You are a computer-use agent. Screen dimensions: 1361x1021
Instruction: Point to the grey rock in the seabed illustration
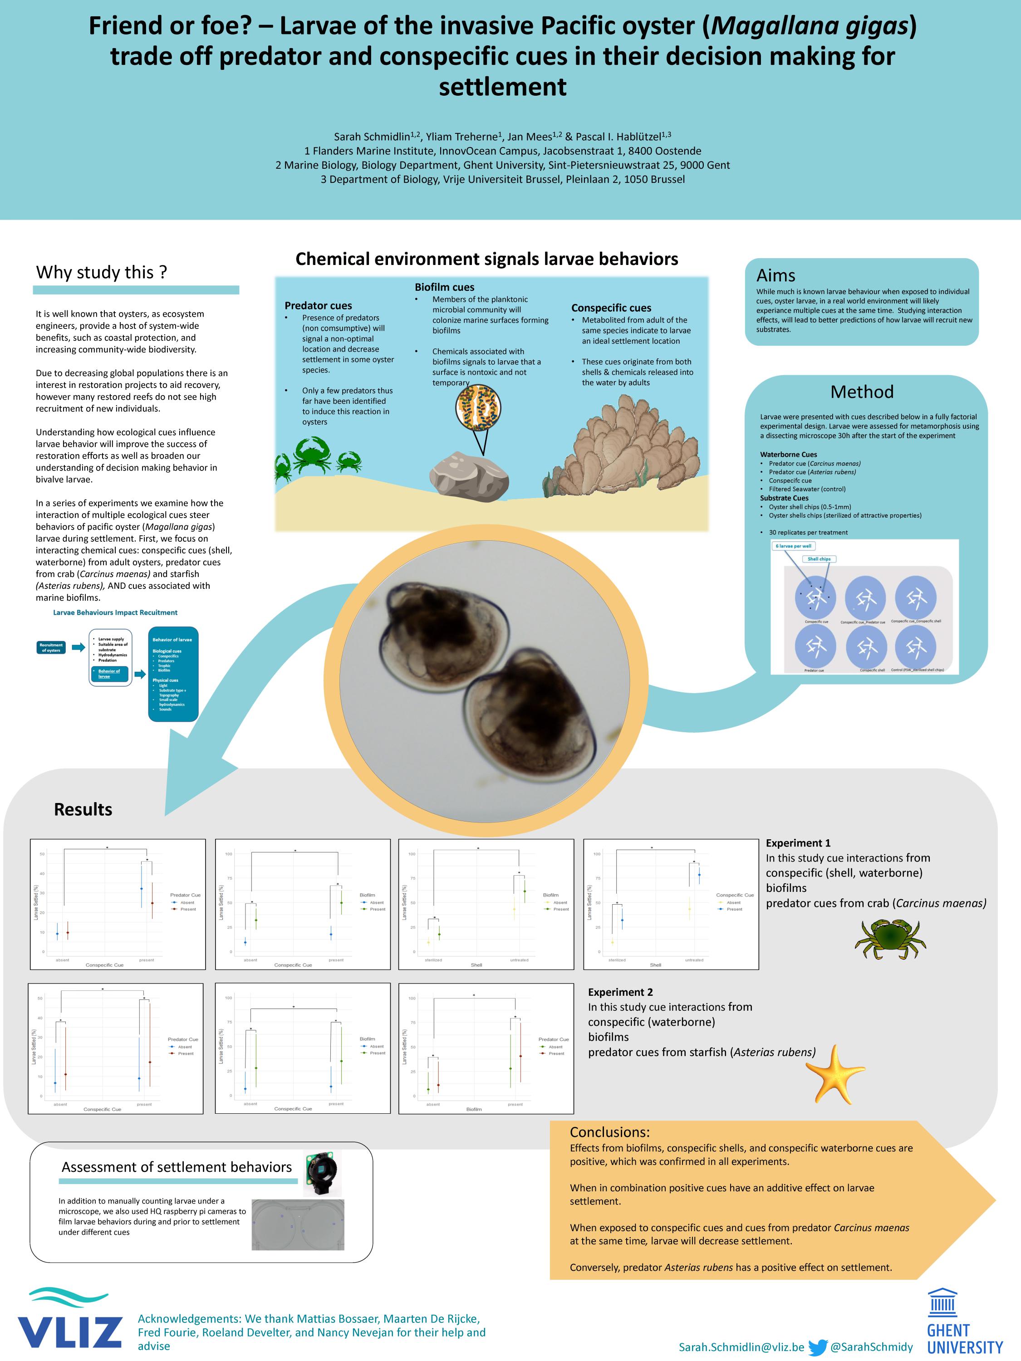(x=469, y=475)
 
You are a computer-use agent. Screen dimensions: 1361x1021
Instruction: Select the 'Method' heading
(x=862, y=392)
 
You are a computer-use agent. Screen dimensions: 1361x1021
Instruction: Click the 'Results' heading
(x=83, y=809)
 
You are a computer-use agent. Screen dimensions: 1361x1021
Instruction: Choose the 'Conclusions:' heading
(x=609, y=1131)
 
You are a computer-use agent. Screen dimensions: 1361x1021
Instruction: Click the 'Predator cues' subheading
(x=318, y=305)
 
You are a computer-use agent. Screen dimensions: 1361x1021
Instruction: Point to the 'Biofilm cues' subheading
(x=444, y=287)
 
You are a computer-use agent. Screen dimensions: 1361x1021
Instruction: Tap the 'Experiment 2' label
(x=620, y=992)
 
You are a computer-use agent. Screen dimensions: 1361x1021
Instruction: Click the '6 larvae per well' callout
(x=793, y=546)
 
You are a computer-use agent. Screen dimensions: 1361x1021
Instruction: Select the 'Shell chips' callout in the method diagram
(x=819, y=558)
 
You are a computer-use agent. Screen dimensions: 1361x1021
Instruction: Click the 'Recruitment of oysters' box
(x=51, y=647)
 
